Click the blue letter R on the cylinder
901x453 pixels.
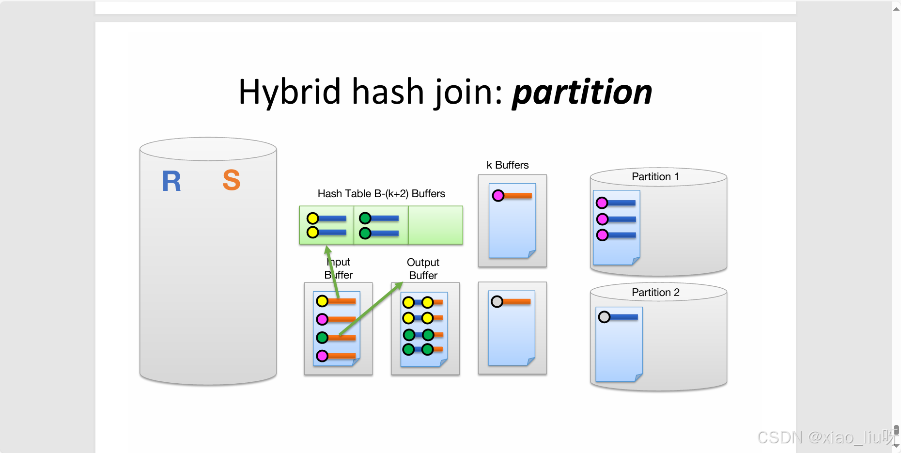click(x=171, y=182)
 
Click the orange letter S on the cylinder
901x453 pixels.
click(x=232, y=180)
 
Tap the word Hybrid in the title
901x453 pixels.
click(x=290, y=92)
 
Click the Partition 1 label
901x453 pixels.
click(x=655, y=177)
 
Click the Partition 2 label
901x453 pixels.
click(x=655, y=293)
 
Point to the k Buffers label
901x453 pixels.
click(x=507, y=165)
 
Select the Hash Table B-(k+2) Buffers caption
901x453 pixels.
click(x=381, y=194)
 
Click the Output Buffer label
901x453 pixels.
click(x=423, y=269)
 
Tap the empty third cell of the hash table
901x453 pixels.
click(x=435, y=225)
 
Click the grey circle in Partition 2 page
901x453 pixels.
click(x=604, y=317)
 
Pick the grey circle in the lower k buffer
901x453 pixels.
click(x=497, y=302)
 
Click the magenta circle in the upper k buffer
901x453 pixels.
click(x=498, y=196)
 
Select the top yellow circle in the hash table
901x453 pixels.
click(x=313, y=218)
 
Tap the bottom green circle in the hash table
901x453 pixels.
click(x=365, y=234)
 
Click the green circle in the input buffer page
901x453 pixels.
click(x=322, y=337)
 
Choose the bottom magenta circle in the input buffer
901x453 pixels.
click(x=322, y=356)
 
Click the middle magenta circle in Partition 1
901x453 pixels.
click(x=603, y=219)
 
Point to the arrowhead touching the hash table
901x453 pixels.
click(x=328, y=250)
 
